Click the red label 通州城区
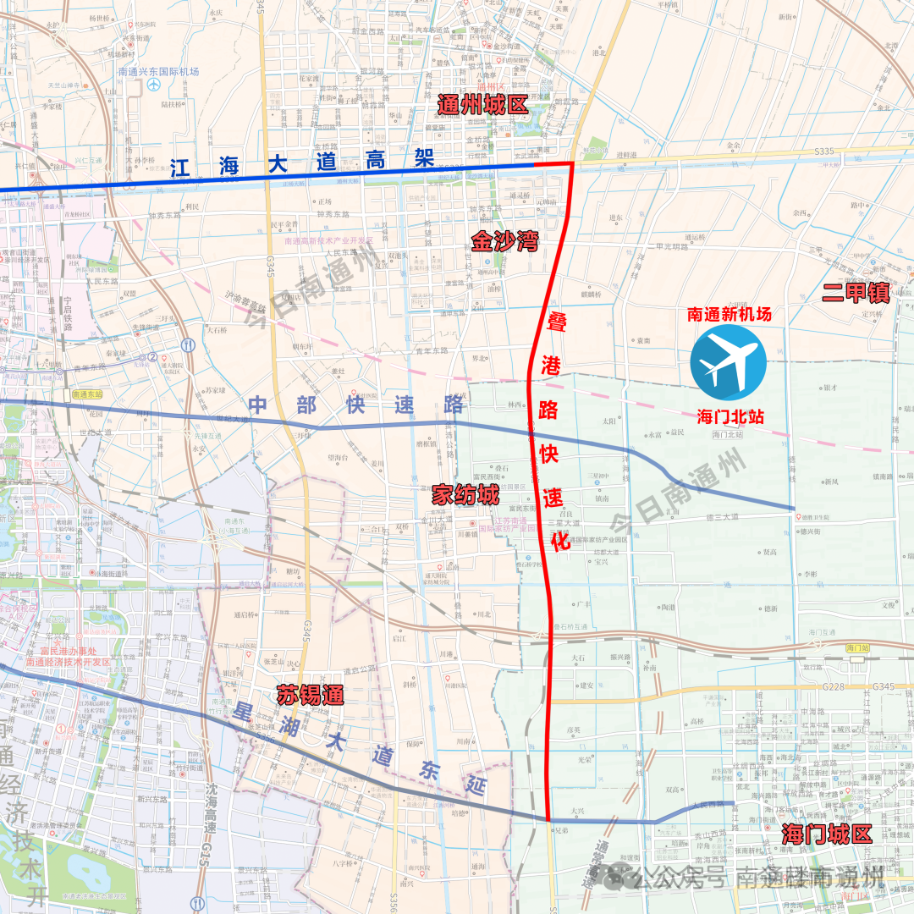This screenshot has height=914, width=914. point(482,105)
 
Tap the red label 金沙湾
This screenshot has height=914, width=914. point(505,243)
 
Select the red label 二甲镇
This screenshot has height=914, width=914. point(856,293)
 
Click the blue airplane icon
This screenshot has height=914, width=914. point(728,362)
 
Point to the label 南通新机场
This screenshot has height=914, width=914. point(729,314)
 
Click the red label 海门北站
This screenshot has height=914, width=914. point(730,416)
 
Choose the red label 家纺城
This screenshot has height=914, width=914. point(465,495)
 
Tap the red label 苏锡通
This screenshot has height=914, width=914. point(311,696)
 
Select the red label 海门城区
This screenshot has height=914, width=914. point(827,834)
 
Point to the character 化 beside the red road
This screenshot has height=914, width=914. point(559,543)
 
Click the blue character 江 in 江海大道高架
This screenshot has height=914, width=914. point(180,168)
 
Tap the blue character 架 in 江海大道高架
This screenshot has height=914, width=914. point(423,157)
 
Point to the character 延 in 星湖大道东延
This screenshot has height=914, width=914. point(476,787)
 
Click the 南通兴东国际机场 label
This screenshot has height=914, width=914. point(158,72)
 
